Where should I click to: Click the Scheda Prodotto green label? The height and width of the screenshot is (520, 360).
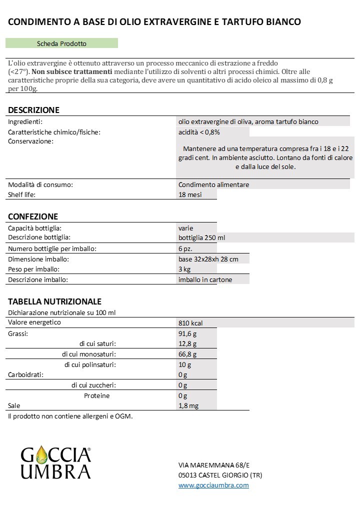coord(61,44)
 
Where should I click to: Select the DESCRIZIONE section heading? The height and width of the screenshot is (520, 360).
coord(33,110)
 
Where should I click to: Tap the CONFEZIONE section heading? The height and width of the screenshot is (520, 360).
coord(33,216)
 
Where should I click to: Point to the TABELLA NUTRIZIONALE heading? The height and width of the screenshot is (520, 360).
coord(54,301)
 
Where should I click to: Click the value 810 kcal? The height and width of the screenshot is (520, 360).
coord(190,323)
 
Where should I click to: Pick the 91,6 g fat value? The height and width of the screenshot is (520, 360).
coord(187,333)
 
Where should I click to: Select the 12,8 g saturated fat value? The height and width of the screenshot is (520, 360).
coord(187,344)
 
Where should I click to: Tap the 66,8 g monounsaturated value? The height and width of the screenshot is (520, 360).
coord(187,354)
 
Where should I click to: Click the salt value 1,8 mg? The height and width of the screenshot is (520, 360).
coord(188,405)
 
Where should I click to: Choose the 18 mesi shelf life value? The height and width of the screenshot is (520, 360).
coord(190,194)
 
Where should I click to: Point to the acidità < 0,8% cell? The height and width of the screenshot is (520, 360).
coord(199,132)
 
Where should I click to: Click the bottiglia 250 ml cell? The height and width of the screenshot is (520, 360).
coord(205,237)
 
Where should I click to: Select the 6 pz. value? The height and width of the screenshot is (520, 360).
coord(185,248)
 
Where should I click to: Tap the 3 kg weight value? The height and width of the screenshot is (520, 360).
coord(184,269)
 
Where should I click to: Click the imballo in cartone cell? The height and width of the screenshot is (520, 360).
coord(205,280)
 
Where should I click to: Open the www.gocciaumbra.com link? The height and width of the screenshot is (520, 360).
coord(213,485)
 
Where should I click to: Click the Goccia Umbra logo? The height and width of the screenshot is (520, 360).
coord(55,463)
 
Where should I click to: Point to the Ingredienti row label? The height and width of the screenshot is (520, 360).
coord(25,121)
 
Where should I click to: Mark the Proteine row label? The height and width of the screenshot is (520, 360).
coord(97,395)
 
